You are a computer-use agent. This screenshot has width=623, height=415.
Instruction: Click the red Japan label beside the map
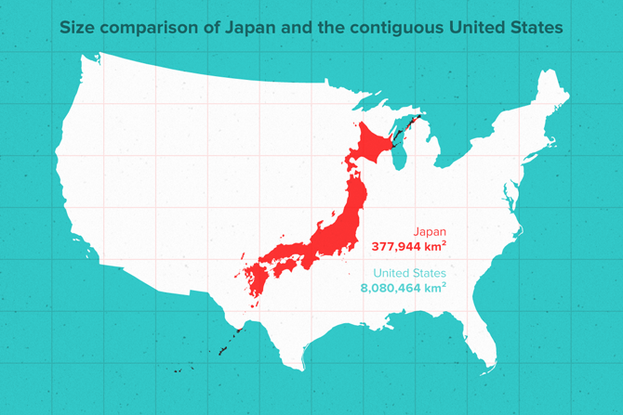click(428, 234)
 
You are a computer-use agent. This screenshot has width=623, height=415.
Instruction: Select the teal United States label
click(409, 274)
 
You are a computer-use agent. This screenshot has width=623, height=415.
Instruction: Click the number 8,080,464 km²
click(404, 289)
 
